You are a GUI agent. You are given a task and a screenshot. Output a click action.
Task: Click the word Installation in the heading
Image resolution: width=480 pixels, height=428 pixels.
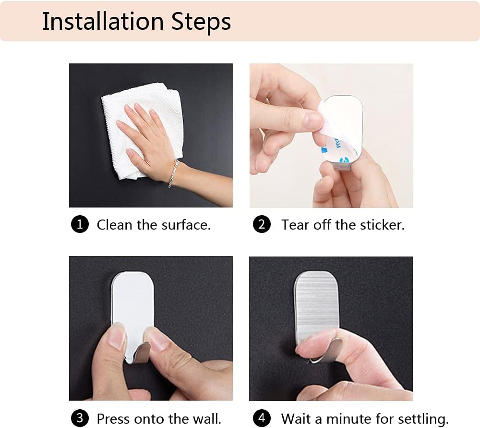103,21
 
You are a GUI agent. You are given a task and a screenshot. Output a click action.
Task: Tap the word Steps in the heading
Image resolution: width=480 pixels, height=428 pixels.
201,22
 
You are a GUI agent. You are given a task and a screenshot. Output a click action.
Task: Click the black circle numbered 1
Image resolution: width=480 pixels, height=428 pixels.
80,224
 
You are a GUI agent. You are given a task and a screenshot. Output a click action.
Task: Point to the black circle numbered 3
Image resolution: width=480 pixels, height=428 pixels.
80,418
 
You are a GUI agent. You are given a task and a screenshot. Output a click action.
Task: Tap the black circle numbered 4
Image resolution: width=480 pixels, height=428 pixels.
262,418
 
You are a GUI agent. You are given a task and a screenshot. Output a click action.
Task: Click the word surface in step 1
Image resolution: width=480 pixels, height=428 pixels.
185,225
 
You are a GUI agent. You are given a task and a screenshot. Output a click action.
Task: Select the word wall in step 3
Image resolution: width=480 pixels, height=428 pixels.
206,419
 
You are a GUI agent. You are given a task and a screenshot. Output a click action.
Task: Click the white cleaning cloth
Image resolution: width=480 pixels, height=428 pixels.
143,131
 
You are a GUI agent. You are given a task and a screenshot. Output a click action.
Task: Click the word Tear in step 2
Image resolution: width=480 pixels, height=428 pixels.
295,225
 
